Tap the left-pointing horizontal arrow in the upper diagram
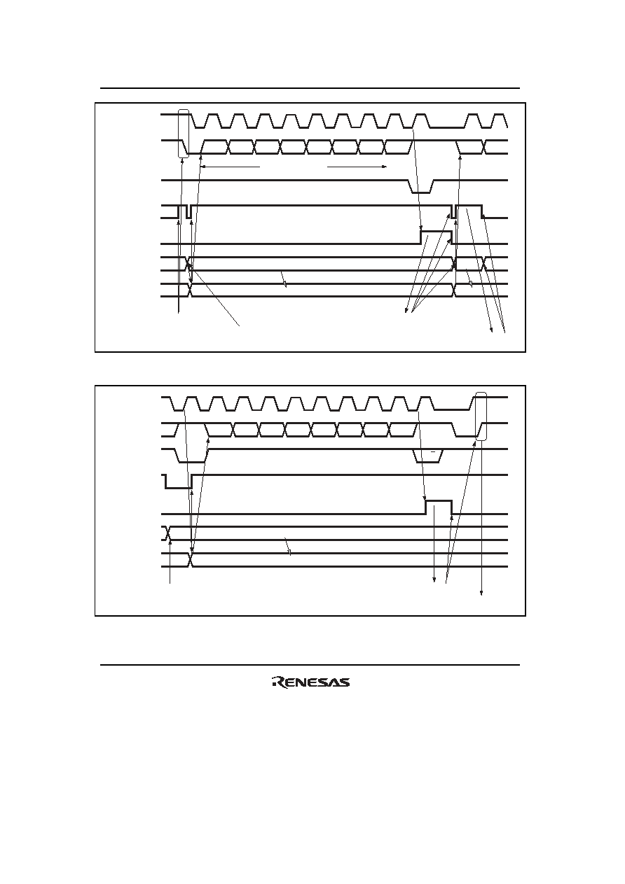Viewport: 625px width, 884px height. coord(230,167)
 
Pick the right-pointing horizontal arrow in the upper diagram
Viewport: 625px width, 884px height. coord(357,167)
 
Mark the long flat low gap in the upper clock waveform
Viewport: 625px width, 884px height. coord(447,128)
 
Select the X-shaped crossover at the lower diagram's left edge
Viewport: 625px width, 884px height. coord(167,533)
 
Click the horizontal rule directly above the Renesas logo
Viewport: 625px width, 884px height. coord(310,665)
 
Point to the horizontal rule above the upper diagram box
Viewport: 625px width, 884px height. coord(310,88)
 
